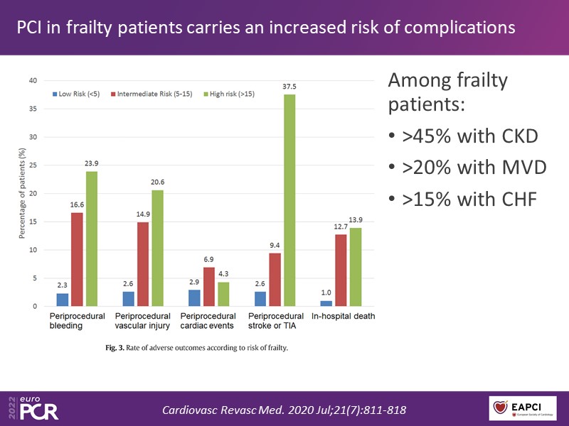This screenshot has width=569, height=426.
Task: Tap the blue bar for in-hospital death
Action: click(x=326, y=303)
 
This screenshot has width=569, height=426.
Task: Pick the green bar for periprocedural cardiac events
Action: click(x=223, y=294)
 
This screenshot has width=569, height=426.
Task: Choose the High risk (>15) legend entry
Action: click(x=232, y=93)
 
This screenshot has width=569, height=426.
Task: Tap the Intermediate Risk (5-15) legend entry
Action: click(x=154, y=93)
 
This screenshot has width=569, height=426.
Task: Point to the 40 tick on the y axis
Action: click(x=33, y=80)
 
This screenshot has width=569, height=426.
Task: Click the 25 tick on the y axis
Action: click(x=33, y=165)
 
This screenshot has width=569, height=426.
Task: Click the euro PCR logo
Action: click(x=33, y=406)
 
